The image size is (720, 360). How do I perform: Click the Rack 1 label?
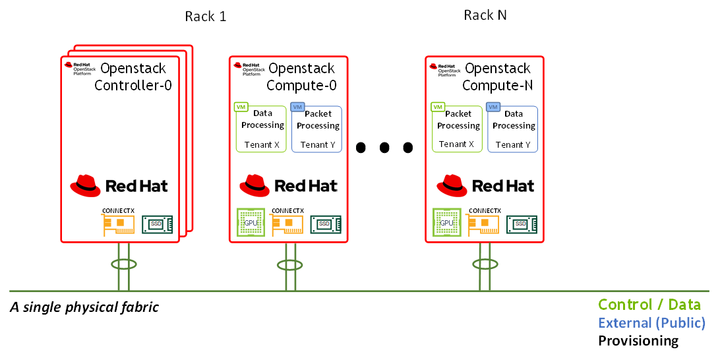coord(205,16)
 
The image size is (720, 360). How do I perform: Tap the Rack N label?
coord(485,15)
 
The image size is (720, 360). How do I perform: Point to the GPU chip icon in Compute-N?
coord(446,223)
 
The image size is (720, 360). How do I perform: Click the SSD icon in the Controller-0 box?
coord(158,224)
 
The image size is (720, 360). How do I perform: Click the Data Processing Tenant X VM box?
coord(262,128)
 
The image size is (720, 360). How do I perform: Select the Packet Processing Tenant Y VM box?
coord(317,129)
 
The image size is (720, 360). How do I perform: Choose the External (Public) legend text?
coord(651,323)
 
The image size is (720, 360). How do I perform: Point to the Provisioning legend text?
coord(638,341)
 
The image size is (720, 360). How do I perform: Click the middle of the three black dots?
coord(384,147)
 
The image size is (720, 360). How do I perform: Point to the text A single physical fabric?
coord(84,307)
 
